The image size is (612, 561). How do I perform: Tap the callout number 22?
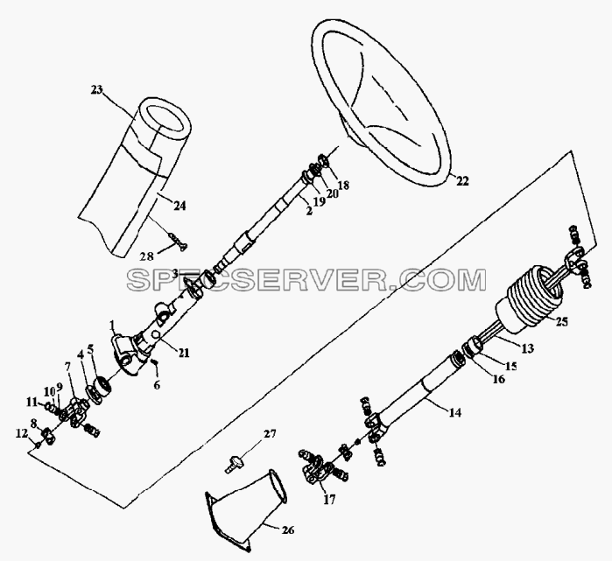tap(462, 181)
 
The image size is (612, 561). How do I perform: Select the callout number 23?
tap(96, 90)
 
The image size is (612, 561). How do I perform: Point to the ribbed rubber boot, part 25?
tap(529, 298)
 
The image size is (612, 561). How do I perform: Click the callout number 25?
tap(562, 322)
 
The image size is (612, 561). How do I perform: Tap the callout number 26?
tap(288, 530)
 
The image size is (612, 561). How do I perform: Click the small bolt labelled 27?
tap(234, 464)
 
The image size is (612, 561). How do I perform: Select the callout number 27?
tap(270, 434)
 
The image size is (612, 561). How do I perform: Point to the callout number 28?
tap(147, 256)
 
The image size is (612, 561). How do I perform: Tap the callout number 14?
tap(455, 413)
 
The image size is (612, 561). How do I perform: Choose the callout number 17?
tap(329, 500)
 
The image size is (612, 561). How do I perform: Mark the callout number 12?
tap(22, 432)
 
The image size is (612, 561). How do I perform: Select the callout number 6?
tap(157, 385)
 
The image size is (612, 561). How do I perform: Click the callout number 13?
tap(527, 348)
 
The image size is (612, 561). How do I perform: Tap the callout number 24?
tap(179, 206)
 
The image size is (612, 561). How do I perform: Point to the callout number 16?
tap(498, 379)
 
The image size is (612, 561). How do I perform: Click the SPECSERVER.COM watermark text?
tap(306, 280)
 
